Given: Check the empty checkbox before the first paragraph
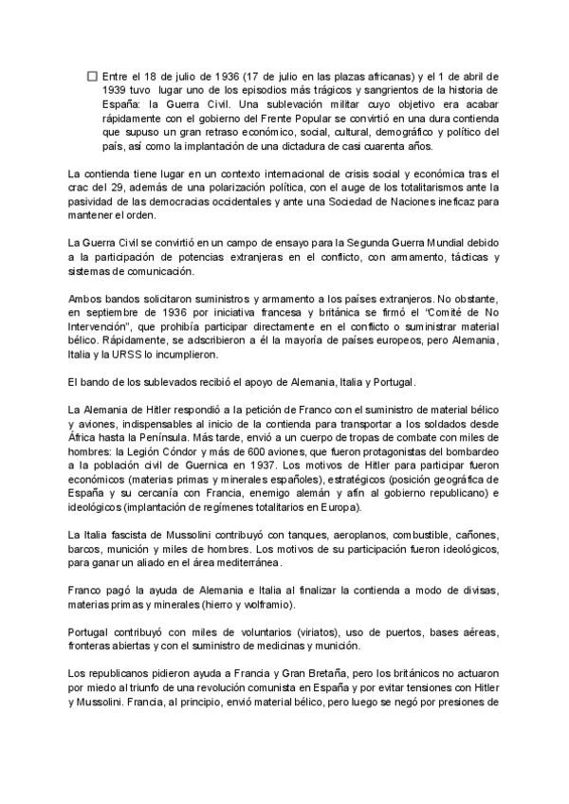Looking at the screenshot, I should pos(91,75).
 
